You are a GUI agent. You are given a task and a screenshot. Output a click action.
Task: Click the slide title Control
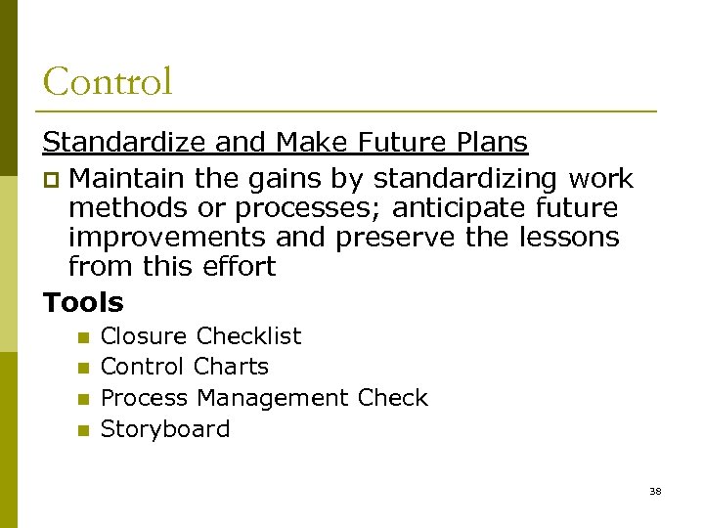coord(108,81)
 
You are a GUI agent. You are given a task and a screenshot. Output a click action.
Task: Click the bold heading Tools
coord(83,302)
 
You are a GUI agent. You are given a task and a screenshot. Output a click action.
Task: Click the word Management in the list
coord(272,398)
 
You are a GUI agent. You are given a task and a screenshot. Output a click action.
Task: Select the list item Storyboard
coord(165,429)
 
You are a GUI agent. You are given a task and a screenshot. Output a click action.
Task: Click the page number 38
coord(655,491)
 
